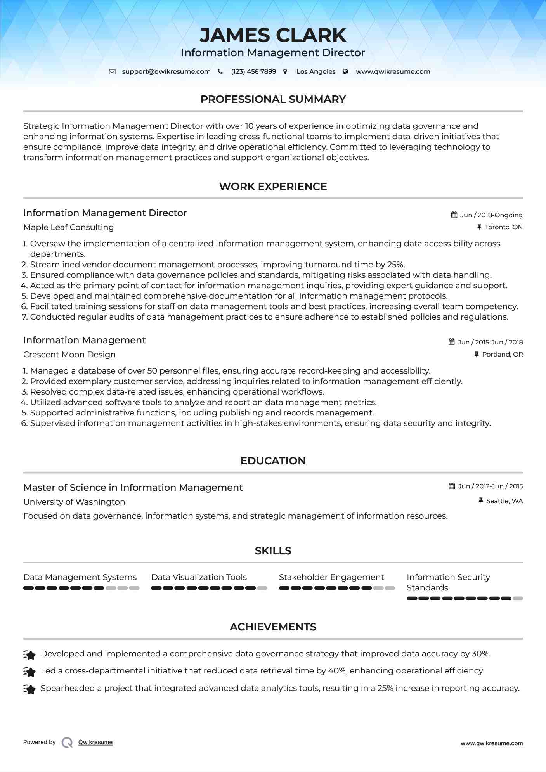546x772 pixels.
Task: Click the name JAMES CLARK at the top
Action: (273, 35)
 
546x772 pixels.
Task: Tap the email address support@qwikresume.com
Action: (166, 72)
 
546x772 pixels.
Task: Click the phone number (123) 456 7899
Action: (253, 72)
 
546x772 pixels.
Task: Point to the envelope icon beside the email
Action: (112, 72)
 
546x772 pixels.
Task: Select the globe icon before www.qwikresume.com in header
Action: (345, 72)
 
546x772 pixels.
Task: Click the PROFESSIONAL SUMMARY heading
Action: (273, 99)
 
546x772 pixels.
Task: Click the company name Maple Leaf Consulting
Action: (68, 227)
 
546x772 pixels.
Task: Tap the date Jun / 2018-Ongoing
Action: (491, 215)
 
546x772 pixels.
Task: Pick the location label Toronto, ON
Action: (504, 227)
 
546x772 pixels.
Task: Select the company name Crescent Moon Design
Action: (69, 355)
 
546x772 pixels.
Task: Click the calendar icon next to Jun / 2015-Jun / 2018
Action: (452, 342)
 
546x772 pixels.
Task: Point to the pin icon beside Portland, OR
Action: (477, 354)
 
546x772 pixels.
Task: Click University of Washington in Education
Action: (74, 502)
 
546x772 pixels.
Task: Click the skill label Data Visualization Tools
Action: (199, 577)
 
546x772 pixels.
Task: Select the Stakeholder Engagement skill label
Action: (331, 577)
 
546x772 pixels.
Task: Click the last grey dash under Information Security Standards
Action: (518, 599)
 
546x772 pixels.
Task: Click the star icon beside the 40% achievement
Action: (29, 671)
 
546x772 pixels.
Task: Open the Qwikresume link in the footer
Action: (95, 742)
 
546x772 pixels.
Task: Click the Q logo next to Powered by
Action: (67, 742)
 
